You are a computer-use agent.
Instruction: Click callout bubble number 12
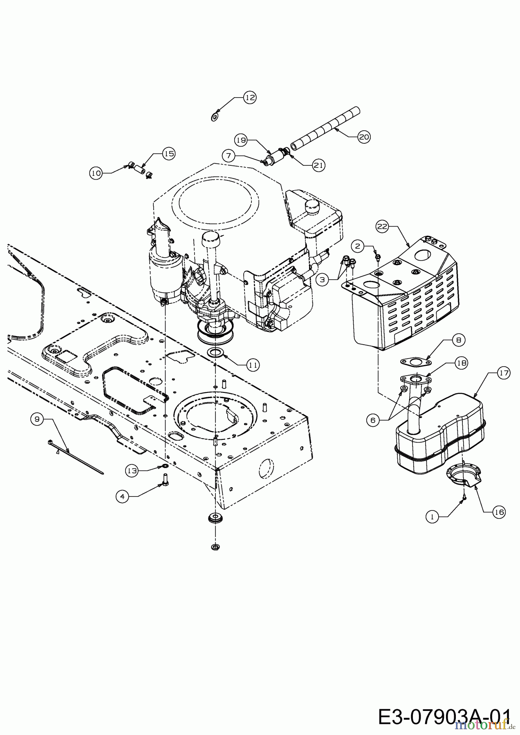(250, 98)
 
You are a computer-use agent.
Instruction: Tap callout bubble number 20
(363, 137)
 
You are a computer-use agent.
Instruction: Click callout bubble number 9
(37, 419)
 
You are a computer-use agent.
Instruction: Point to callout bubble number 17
(503, 372)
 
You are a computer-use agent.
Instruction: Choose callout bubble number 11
(253, 365)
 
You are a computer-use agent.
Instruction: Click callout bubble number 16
(499, 512)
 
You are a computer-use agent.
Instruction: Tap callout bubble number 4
(121, 496)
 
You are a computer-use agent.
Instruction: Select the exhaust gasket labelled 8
(415, 362)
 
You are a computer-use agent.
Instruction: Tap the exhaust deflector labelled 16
(464, 476)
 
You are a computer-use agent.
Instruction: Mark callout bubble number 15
(168, 154)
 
